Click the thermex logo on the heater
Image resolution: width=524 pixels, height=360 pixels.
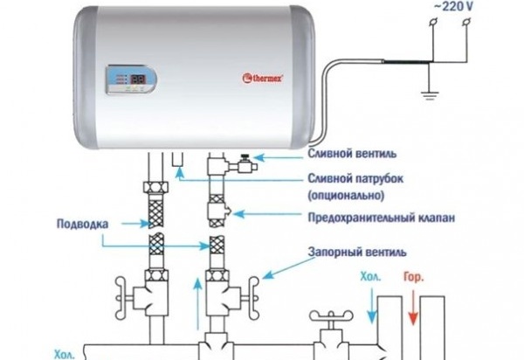click(263, 79)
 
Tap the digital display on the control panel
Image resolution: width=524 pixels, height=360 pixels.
click(138, 80)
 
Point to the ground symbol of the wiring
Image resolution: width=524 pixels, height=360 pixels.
click(430, 94)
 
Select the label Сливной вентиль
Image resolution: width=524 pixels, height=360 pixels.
click(352, 154)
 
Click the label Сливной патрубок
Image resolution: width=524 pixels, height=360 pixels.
click(355, 178)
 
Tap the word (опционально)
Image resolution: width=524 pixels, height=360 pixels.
click(346, 195)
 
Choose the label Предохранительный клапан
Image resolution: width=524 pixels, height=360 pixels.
click(382, 218)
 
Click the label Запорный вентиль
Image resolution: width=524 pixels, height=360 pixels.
click(357, 252)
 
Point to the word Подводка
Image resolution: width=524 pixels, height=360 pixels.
click(83, 224)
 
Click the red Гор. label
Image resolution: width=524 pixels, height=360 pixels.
click(413, 278)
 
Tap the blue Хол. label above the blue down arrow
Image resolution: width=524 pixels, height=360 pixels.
click(370, 277)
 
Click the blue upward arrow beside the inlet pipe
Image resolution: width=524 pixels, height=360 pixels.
click(198, 304)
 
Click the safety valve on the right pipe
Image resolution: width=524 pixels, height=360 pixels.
click(218, 211)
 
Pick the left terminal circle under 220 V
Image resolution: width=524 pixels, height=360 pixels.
click(433, 23)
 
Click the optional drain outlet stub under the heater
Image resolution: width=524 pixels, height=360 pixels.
click(178, 159)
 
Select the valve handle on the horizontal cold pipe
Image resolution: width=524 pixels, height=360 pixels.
click(331, 315)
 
